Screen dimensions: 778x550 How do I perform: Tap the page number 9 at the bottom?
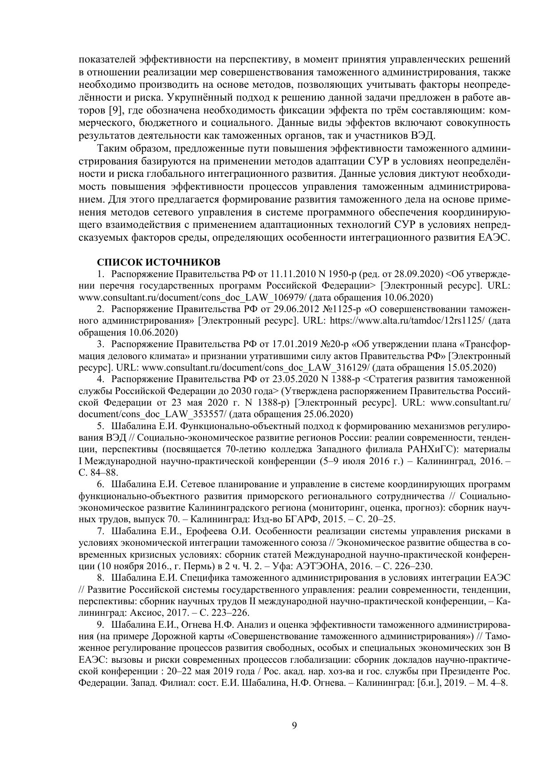(295, 725)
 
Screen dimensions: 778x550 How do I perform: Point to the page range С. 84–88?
(98, 473)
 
